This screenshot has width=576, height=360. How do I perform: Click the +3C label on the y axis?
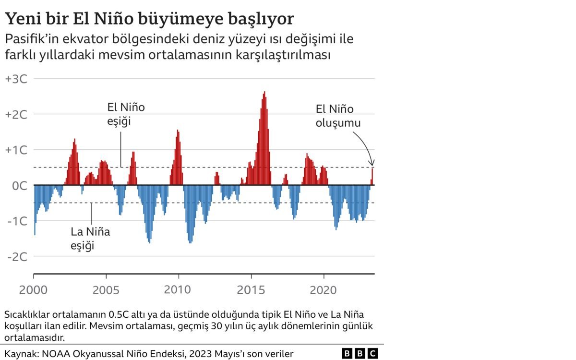[x=16, y=79]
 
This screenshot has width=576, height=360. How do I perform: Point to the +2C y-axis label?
[x=16, y=115]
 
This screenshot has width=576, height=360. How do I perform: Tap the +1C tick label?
[x=16, y=150]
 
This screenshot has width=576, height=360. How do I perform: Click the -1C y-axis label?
[x=17, y=221]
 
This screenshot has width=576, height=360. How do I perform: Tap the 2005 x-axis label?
[x=106, y=290]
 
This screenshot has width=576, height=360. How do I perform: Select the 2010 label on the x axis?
[x=178, y=290]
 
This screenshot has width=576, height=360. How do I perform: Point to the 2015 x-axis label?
[x=251, y=290]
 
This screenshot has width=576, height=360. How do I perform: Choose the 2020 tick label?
[x=324, y=290]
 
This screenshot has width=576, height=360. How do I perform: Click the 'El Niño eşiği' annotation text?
[x=126, y=114]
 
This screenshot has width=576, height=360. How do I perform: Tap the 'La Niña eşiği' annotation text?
[x=90, y=239]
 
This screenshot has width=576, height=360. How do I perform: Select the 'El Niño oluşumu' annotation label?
[x=338, y=116]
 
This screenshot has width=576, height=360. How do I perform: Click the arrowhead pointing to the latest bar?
[x=372, y=163]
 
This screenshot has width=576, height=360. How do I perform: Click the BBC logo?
[x=360, y=354]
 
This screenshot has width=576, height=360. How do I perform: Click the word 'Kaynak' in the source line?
[x=21, y=354]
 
